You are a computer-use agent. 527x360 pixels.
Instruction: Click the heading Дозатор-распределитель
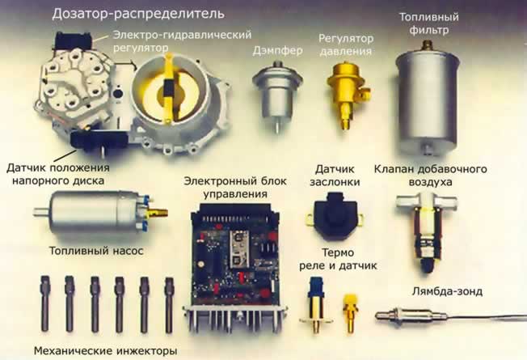pyautogui.click(x=138, y=14)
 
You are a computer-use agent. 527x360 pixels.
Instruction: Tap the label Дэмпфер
pyautogui.click(x=278, y=49)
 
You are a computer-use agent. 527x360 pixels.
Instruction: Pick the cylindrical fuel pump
pyautogui.click(x=101, y=214)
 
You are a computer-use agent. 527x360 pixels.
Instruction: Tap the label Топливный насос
pyautogui.click(x=95, y=251)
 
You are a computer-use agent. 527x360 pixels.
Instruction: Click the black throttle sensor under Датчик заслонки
pyautogui.click(x=328, y=215)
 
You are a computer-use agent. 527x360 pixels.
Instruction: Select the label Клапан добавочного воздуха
pyautogui.click(x=441, y=176)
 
